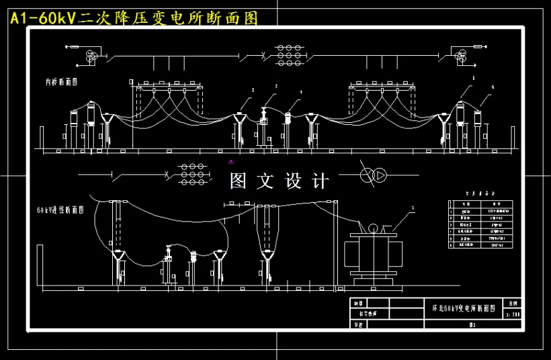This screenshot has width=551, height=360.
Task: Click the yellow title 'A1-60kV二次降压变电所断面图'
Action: tap(134, 18)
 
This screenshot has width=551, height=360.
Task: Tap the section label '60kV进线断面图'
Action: tap(60, 210)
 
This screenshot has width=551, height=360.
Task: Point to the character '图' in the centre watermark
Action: tap(239, 181)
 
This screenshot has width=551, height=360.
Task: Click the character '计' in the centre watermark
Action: tap(321, 181)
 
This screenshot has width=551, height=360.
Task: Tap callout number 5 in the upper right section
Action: tap(473, 79)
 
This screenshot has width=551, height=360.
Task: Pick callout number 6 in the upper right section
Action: tap(493, 87)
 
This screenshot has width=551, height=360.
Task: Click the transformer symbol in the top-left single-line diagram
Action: tap(91, 56)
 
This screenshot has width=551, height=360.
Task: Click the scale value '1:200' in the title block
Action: tap(515, 314)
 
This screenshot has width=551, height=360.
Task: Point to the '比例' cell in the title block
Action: tap(514, 304)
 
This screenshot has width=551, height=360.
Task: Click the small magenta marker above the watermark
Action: tap(231, 161)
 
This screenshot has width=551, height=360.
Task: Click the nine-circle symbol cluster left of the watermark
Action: tap(192, 175)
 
